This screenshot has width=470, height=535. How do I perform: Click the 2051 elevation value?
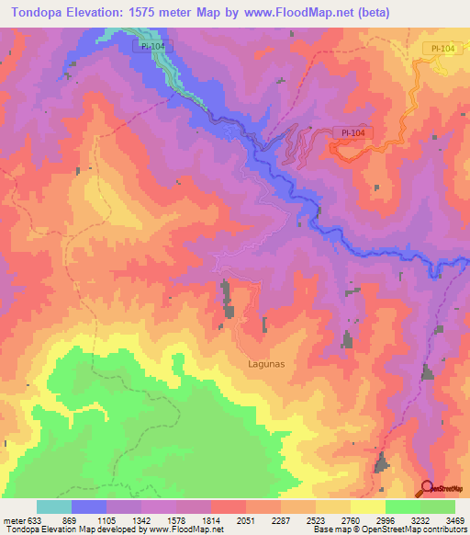(x=246, y=520)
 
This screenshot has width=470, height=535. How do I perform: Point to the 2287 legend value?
(x=281, y=520)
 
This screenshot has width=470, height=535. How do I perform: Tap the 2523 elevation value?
(x=316, y=520)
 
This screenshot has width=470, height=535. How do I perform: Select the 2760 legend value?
(x=351, y=520)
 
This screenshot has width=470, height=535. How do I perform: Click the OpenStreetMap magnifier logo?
(x=426, y=488)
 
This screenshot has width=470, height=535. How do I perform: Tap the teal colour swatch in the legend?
(x=54, y=507)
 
